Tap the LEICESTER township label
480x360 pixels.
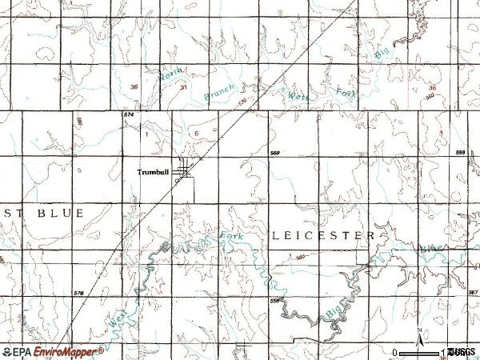tap(322, 236)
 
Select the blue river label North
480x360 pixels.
tap(169, 78)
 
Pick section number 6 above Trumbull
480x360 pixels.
tap(197, 134)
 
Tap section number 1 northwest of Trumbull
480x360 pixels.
tap(148, 134)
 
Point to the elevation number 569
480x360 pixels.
tap(274, 154)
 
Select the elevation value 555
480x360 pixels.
tap(459, 151)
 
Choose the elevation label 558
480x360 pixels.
tap(274, 301)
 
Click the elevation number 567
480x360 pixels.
tap(472, 293)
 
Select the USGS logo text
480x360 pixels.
tap(462, 352)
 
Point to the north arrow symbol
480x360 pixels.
tap(418, 333)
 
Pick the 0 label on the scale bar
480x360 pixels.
tap(394, 352)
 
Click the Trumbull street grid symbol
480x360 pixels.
tap(186, 170)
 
